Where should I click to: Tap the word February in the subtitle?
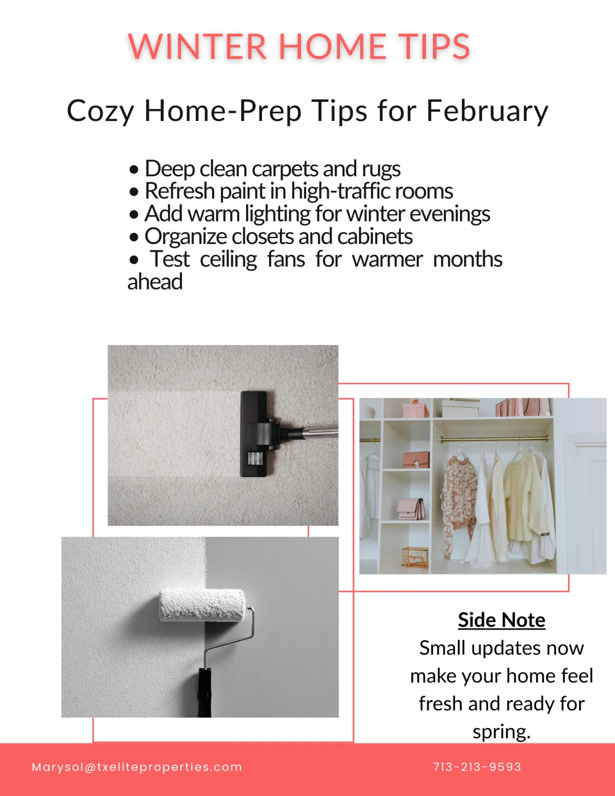coord(487,111)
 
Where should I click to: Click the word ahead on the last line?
coord(155,282)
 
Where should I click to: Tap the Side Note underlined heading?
coord(501,620)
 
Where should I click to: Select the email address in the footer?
coord(137,767)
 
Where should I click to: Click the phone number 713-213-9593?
coord(477,767)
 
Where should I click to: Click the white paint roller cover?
coord(202,605)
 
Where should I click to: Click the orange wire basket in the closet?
coord(415,557)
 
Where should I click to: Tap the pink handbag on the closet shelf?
coord(412,508)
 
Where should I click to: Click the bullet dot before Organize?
coord(134,237)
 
